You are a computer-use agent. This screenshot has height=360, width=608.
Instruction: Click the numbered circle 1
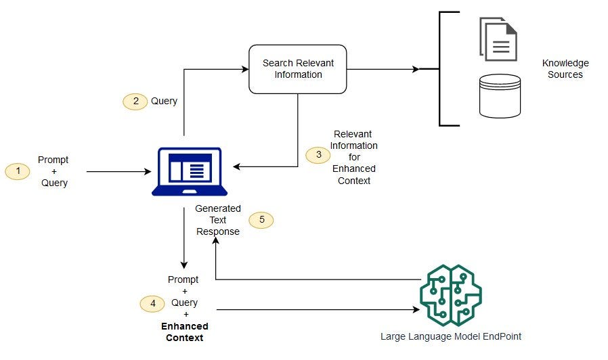18,171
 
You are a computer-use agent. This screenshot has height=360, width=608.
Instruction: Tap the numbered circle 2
135,101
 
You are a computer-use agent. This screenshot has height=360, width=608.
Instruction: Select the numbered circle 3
318,155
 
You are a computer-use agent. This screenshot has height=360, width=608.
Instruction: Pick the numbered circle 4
152,304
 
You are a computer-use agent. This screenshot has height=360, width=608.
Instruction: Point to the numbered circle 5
261,220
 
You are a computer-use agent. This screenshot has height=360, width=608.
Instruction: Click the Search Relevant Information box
298,69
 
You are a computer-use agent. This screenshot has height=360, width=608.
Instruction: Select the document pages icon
498,39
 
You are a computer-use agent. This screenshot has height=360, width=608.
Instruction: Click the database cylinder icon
500,96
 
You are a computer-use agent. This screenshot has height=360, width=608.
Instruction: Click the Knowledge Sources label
565,69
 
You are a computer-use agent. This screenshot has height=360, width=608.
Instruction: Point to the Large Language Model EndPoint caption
451,336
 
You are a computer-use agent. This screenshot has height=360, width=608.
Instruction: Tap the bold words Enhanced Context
184,332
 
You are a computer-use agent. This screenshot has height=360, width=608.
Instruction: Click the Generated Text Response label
218,220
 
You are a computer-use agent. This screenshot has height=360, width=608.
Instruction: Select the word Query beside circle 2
164,101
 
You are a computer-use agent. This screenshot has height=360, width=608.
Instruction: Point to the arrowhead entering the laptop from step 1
148,172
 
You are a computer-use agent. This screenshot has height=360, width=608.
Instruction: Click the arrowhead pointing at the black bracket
415,69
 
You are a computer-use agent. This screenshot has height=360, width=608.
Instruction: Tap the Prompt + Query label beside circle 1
53,171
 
